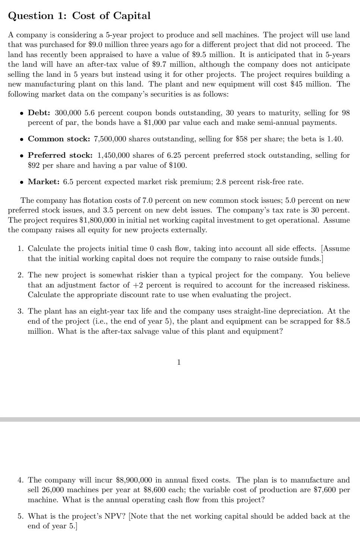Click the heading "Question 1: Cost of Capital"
point(79,16)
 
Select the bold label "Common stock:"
point(59,139)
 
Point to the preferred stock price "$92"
point(34,165)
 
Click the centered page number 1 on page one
point(179,362)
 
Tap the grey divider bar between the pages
point(180,419)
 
